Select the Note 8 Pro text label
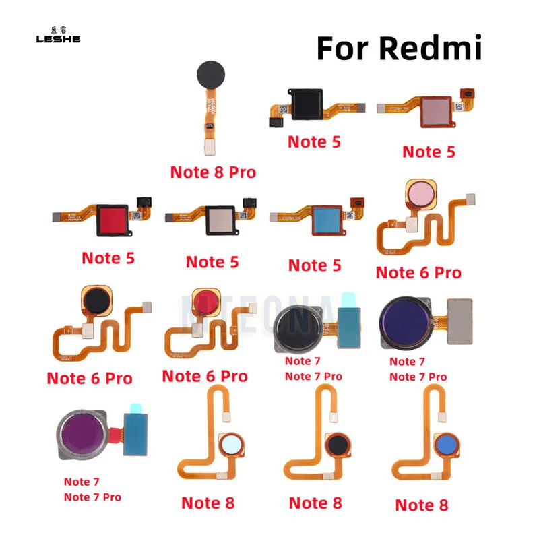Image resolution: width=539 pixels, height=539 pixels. [x=213, y=172]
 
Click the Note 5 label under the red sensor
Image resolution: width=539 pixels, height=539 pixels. [x=108, y=258]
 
